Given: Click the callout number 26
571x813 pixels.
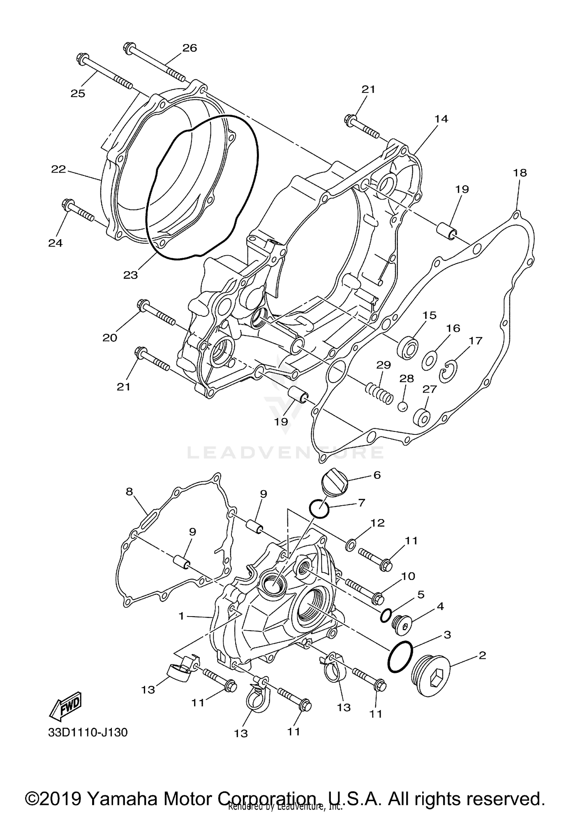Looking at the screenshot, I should coord(190,48).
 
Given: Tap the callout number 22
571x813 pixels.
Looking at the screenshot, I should coord(59,169).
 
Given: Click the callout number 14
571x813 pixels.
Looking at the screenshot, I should coord(442,119).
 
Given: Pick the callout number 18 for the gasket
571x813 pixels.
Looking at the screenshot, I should coord(520,173).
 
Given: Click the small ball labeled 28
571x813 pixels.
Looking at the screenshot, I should coord(403,407).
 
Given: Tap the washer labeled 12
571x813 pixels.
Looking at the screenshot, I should coord(350,545).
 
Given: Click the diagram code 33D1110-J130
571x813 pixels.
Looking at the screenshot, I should coord(88,732).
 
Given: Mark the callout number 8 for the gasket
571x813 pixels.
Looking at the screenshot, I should coord(129,491).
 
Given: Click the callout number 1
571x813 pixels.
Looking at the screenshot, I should coord(182,615).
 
